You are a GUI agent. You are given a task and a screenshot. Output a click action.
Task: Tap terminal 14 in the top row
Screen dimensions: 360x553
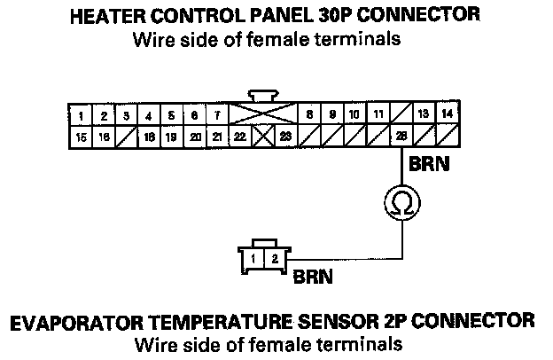pos(448,114)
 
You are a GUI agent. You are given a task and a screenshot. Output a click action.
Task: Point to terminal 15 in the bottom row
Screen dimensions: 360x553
pos(81,137)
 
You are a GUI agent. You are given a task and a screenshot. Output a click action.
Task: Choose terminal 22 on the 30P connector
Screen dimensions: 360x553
pos(240,137)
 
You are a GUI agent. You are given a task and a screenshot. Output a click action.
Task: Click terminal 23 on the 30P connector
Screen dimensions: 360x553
pos(285,137)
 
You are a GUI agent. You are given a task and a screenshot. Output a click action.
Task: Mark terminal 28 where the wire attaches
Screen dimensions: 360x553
pos(401,137)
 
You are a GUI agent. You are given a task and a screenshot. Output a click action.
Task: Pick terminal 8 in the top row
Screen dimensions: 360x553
pos(309,115)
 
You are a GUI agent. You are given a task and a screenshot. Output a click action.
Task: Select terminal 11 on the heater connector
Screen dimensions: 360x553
pos(378,115)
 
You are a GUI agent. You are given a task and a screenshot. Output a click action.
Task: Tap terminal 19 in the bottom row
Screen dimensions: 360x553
pos(172,137)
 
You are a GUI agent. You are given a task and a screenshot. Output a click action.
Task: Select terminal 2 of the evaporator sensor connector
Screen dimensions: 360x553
pos(275,258)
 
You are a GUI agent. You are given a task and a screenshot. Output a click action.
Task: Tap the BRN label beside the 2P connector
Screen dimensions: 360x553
pos(312,276)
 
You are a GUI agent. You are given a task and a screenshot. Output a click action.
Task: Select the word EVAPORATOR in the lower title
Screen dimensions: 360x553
pos(94,320)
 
